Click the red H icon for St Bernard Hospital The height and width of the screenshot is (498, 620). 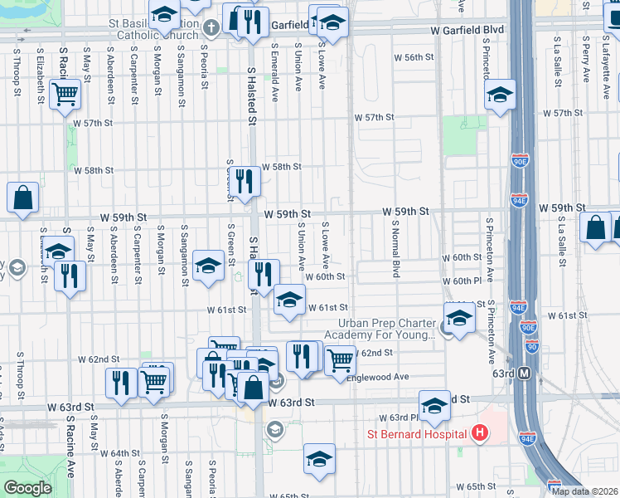[x=478, y=433]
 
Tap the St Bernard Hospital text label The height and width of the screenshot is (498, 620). [x=419, y=434]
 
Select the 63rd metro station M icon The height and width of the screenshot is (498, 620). [x=524, y=373]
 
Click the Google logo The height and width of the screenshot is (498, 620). [x=27, y=488]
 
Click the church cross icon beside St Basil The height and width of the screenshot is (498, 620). [x=211, y=28]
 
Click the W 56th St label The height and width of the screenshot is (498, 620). [x=414, y=57]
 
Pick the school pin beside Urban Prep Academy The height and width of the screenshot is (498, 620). [x=458, y=316]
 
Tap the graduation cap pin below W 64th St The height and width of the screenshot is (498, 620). [x=319, y=459]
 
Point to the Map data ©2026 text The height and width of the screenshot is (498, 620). [x=585, y=491]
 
